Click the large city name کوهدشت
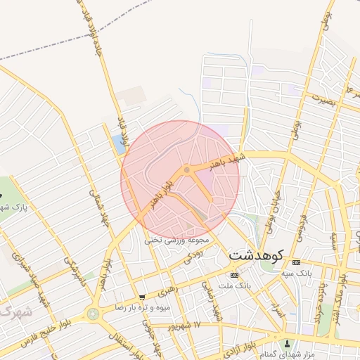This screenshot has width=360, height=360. point(257,254)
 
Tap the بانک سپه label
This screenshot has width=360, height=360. point(296,271)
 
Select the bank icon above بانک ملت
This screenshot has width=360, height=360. point(234,275)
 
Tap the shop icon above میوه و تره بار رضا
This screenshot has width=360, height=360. point(143,297)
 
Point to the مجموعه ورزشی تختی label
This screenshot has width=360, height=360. point(174,240)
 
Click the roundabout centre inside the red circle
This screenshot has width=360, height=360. point(186,170)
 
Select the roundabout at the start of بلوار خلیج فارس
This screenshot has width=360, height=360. point(94,313)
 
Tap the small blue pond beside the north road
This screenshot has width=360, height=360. point(116,145)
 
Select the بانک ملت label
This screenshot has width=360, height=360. point(235,286)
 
